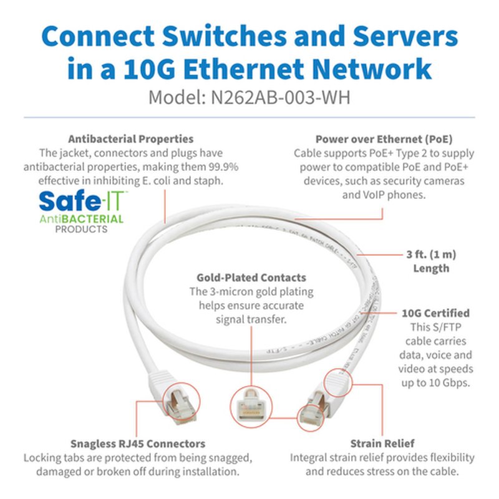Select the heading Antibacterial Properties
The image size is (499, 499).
click(x=130, y=139)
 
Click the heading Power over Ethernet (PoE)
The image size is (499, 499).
click(x=384, y=139)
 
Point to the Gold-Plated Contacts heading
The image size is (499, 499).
click(x=251, y=277)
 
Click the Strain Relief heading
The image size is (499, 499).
click(x=382, y=443)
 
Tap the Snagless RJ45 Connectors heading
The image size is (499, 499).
click(x=137, y=443)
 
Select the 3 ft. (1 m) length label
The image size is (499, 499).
click(x=431, y=261)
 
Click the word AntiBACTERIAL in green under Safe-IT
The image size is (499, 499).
click(x=81, y=219)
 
